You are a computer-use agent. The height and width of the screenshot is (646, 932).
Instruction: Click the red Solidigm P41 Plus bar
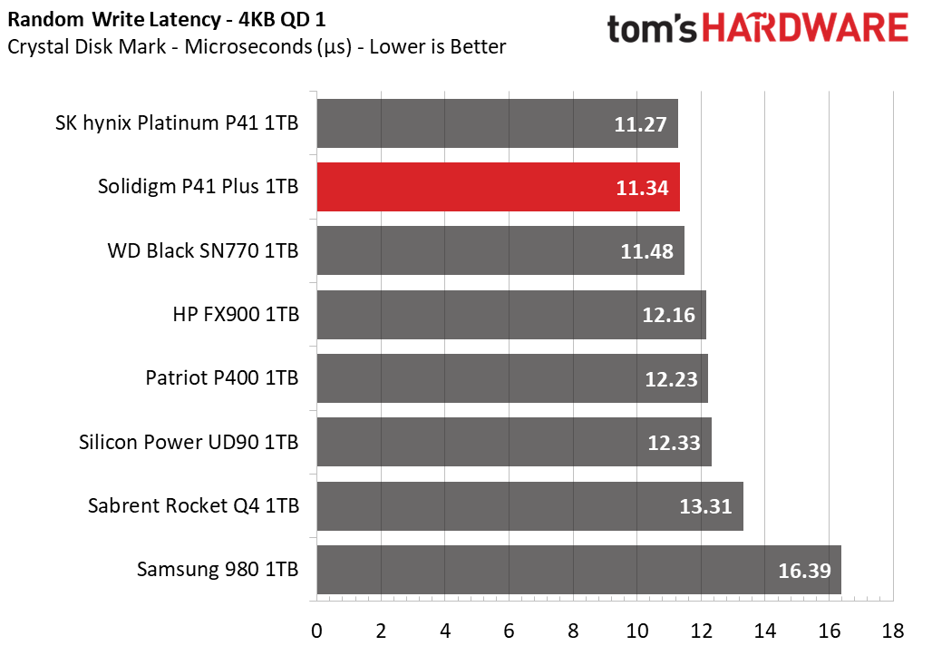tap(498, 187)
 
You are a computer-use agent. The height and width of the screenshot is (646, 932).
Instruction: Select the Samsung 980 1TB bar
tap(579, 569)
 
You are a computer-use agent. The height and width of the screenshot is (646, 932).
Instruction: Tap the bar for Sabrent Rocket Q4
tap(530, 505)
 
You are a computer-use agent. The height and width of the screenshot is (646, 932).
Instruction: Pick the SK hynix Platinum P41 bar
tap(498, 123)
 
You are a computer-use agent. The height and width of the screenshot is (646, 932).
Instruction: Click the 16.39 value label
tap(805, 571)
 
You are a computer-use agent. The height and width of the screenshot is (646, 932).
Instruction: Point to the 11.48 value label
tap(646, 251)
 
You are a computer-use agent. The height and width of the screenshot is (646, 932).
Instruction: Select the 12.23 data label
tap(671, 379)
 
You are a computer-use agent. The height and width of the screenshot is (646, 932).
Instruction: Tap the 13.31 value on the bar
tap(705, 506)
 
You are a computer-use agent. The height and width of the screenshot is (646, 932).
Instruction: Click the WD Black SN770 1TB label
tap(203, 250)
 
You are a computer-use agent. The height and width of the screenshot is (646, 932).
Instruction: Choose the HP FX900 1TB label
tap(236, 314)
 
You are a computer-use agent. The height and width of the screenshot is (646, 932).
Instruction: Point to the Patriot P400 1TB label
tap(222, 377)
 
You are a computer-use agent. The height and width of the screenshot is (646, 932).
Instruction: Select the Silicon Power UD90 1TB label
tap(189, 442)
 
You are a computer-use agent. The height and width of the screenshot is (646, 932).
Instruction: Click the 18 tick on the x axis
tap(893, 631)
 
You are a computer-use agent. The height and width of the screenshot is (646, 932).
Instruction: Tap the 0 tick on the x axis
tap(316, 631)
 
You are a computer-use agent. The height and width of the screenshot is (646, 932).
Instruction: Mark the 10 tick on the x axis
tap(637, 631)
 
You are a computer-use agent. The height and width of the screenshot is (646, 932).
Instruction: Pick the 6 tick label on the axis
tap(509, 631)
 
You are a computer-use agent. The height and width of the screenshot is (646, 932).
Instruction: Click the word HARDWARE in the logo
tap(805, 28)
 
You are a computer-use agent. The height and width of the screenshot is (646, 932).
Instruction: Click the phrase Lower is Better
tap(438, 46)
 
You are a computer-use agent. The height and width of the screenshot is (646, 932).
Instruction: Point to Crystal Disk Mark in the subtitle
tap(87, 46)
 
